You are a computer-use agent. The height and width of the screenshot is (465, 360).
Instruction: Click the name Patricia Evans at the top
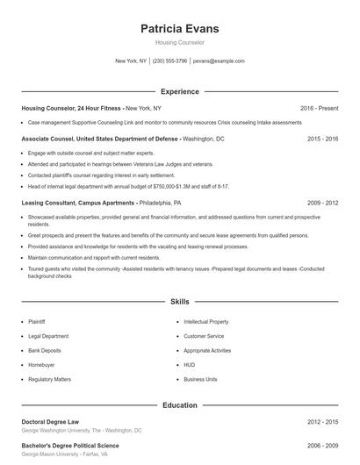pyautogui.click(x=179, y=29)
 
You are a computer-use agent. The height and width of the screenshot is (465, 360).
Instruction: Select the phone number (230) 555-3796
pyautogui.click(x=170, y=61)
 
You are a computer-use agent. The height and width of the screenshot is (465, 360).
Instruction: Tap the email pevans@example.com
pyautogui.click(x=219, y=61)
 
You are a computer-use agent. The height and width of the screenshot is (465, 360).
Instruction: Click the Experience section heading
pyautogui.click(x=179, y=91)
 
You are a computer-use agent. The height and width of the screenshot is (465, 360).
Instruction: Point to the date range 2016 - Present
pyautogui.click(x=319, y=108)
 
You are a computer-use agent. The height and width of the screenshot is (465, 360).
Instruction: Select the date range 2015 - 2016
pyautogui.click(x=322, y=139)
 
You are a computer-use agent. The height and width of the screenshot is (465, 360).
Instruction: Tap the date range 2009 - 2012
pyautogui.click(x=322, y=202)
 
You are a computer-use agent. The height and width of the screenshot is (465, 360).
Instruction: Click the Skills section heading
pyautogui.click(x=179, y=301)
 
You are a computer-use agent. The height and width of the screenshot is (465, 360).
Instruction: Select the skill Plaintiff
pyautogui.click(x=37, y=322)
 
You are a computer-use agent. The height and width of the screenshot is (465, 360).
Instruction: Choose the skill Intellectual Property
pyautogui.click(x=206, y=322)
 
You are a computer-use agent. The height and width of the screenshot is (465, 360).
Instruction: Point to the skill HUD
pyautogui.click(x=189, y=364)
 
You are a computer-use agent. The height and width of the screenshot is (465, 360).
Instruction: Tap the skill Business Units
pyautogui.click(x=200, y=379)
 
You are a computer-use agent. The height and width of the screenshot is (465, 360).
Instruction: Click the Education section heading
pyautogui.click(x=179, y=405)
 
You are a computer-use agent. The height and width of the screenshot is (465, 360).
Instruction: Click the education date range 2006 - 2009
pyautogui.click(x=322, y=446)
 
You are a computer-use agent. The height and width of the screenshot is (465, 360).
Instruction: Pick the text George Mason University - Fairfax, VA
pyautogui.click(x=65, y=454)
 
